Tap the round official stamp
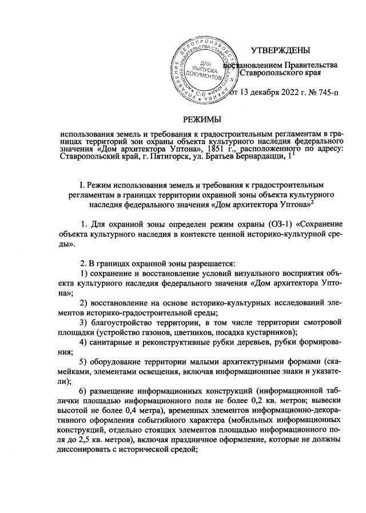[204, 70]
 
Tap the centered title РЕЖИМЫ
[201, 118]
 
